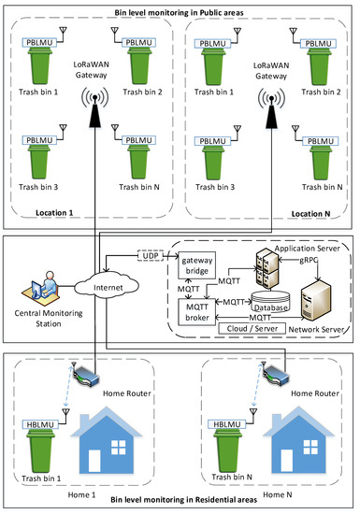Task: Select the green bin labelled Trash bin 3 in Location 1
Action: click(x=42, y=165)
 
